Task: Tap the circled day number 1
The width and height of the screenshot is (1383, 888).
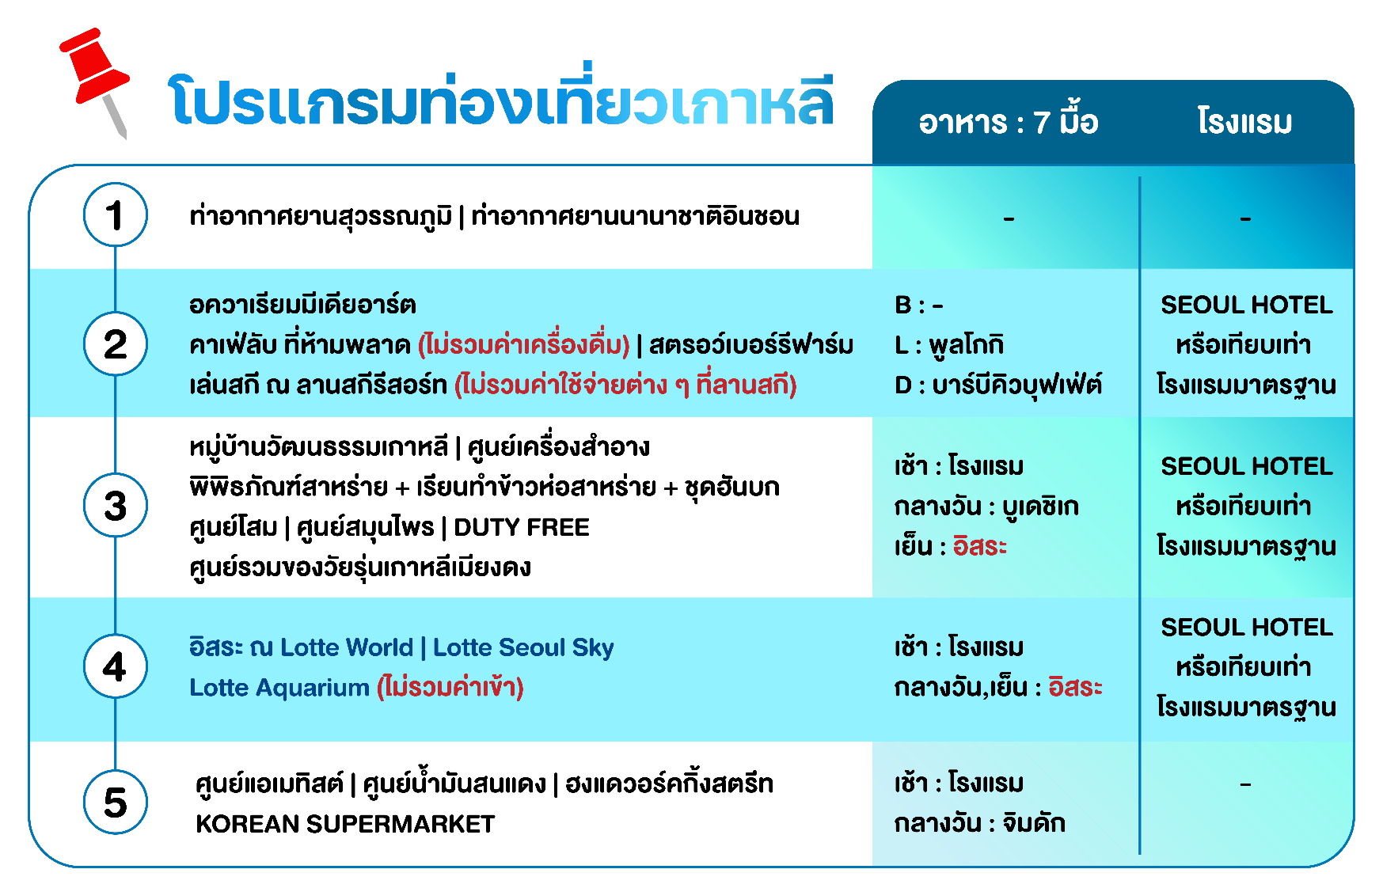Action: [116, 215]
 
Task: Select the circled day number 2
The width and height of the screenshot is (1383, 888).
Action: [116, 344]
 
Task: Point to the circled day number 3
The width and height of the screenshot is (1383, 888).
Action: [116, 506]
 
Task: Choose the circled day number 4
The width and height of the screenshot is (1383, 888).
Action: [116, 666]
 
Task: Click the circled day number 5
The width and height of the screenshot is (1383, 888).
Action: [116, 803]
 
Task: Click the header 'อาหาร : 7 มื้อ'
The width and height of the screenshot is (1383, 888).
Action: [1009, 122]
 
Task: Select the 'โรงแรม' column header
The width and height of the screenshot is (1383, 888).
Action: [1245, 122]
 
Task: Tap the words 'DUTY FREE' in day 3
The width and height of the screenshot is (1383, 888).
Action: [522, 527]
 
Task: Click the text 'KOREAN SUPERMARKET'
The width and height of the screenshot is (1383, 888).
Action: [345, 824]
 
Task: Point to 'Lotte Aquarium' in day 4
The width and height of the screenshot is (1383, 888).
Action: [279, 687]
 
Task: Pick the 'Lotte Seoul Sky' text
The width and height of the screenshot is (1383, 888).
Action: [523, 647]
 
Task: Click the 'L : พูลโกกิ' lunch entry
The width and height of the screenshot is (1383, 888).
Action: [949, 344]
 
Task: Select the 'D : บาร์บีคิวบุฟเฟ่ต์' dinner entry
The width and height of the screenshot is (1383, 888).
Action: [998, 385]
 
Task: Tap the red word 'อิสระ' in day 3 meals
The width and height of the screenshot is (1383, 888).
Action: [980, 546]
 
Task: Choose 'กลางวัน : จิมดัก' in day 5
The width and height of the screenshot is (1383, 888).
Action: [980, 823]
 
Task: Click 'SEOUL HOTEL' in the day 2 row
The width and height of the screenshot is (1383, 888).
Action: [1247, 305]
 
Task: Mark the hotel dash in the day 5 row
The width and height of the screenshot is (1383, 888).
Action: [1245, 784]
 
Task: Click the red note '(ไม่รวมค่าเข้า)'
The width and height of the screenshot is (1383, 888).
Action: [450, 687]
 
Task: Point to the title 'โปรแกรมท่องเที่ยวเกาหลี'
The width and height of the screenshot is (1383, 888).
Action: [501, 99]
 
